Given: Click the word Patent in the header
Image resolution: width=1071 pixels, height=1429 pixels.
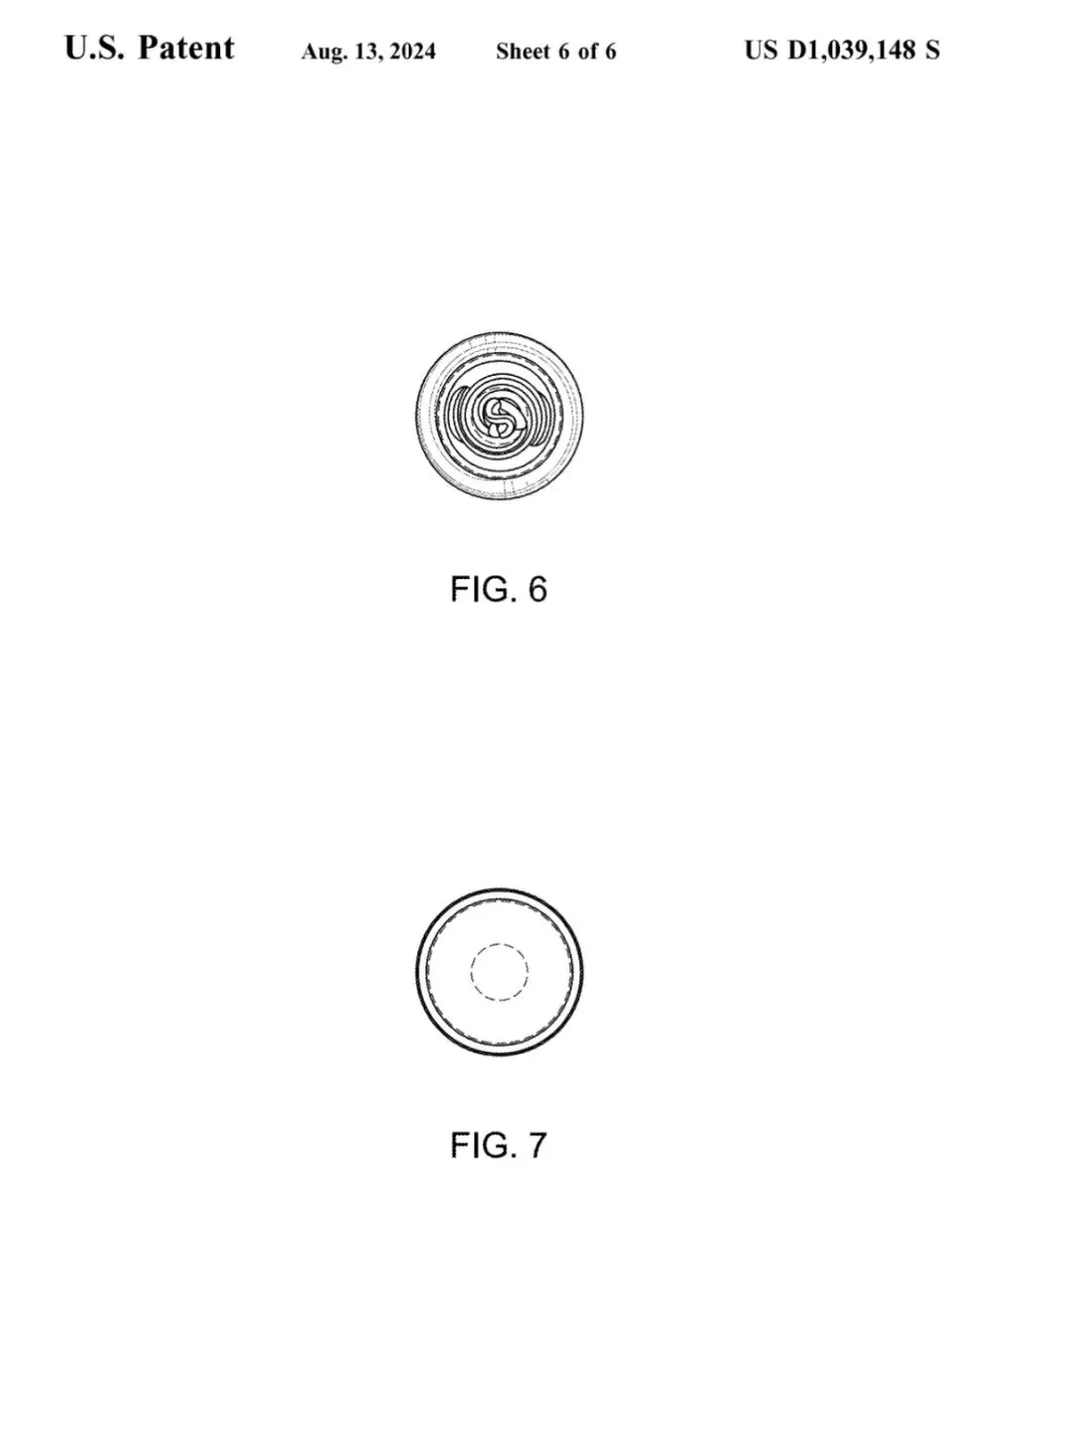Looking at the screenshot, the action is (185, 49).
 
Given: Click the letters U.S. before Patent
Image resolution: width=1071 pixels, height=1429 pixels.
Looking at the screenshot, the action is (94, 49).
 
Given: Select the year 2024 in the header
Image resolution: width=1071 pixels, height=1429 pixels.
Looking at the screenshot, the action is (413, 51).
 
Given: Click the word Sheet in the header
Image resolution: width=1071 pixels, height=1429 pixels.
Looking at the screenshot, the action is (523, 51).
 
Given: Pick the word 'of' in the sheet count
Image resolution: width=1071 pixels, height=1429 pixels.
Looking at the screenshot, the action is (588, 51).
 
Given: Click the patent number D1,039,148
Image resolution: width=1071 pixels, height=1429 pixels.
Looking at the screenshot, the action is (851, 51).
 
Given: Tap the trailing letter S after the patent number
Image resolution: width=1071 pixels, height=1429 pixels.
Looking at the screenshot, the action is (932, 51).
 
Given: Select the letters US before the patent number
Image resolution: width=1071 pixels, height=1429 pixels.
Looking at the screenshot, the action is (761, 51).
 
